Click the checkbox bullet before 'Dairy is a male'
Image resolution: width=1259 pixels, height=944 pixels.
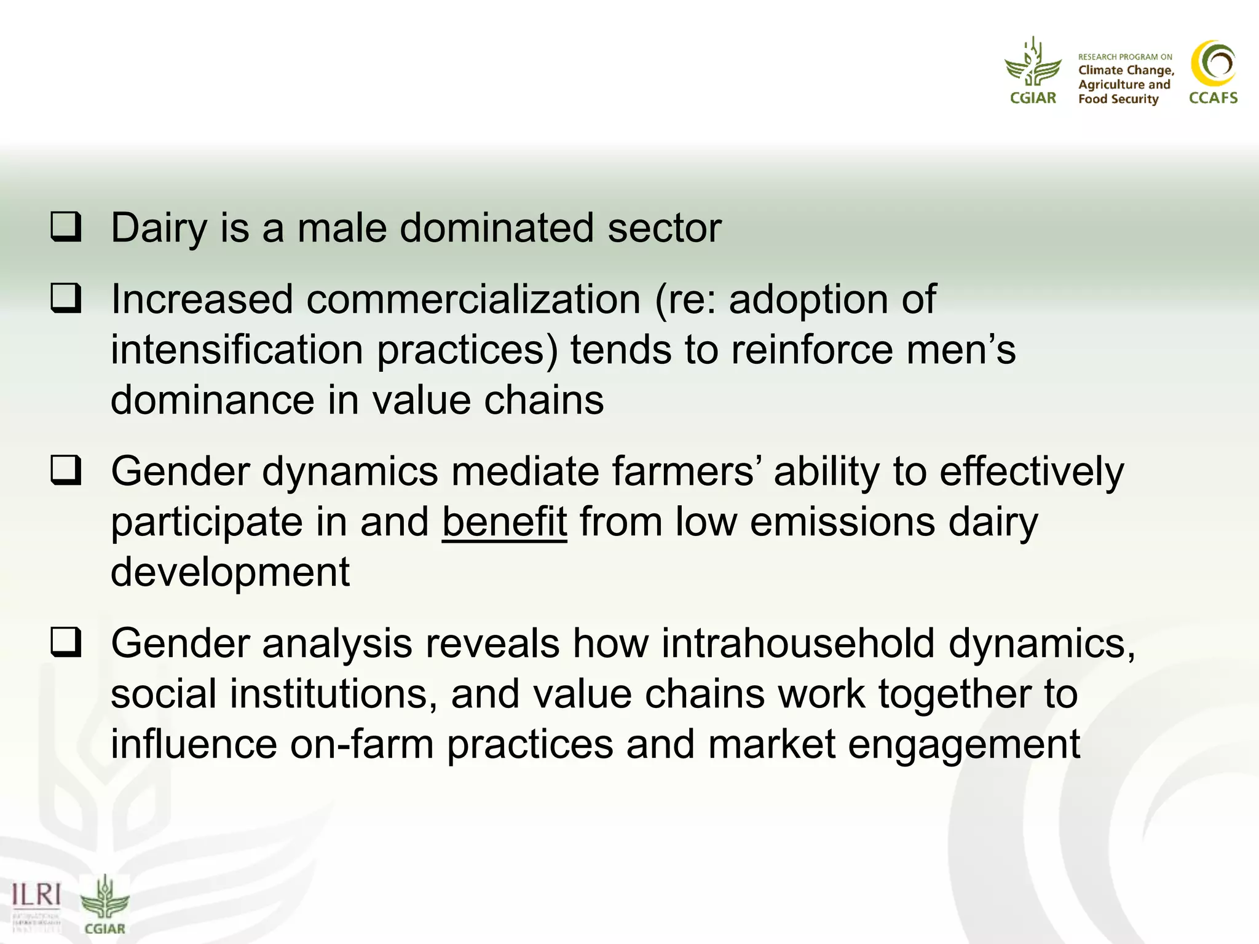coord(66,227)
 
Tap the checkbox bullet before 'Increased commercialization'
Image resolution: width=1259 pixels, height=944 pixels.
coord(66,298)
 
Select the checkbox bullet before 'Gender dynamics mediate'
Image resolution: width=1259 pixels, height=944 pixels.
coord(66,470)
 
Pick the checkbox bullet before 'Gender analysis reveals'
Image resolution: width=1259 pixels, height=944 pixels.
coord(66,642)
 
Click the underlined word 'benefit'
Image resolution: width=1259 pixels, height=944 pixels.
coord(504,522)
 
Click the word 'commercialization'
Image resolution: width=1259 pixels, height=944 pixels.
coord(473,300)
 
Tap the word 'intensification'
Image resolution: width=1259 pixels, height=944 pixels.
coord(237,350)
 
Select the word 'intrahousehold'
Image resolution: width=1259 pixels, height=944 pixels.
coord(798,644)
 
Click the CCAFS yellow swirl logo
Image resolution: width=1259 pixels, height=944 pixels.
coord(1213,64)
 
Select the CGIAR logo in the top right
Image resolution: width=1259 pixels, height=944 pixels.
coord(1033,71)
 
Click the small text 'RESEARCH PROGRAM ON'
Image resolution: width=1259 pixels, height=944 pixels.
coord(1125,57)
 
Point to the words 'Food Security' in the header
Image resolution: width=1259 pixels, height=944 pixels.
coord(1118,99)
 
